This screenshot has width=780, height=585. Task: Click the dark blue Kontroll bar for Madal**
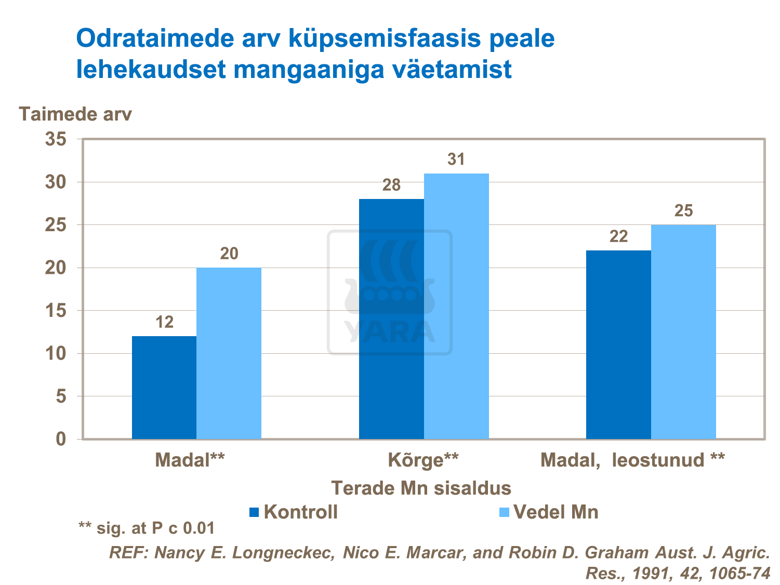(x=164, y=388)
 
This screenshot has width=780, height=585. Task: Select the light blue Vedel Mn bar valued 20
(x=229, y=353)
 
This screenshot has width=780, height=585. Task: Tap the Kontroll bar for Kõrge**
(x=391, y=319)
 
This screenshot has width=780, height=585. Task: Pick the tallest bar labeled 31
(x=456, y=307)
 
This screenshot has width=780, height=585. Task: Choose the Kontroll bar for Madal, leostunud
(x=618, y=345)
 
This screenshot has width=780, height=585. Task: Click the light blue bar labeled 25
(x=683, y=333)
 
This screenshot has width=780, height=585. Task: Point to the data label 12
(x=165, y=323)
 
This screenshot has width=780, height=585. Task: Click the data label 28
(x=391, y=185)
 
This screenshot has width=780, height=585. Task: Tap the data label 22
(x=618, y=237)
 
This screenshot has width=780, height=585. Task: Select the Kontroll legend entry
(x=294, y=512)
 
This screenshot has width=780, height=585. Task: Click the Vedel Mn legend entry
(x=549, y=512)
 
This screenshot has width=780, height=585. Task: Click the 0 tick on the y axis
(x=61, y=439)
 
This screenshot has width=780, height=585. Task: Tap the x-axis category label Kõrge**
(x=424, y=460)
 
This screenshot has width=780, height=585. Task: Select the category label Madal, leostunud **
(x=632, y=460)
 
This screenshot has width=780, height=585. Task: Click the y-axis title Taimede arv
(x=75, y=114)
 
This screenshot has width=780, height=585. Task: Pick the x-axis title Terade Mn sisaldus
(x=421, y=488)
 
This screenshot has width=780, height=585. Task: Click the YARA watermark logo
(x=390, y=293)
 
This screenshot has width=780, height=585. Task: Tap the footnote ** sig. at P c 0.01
(x=147, y=528)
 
